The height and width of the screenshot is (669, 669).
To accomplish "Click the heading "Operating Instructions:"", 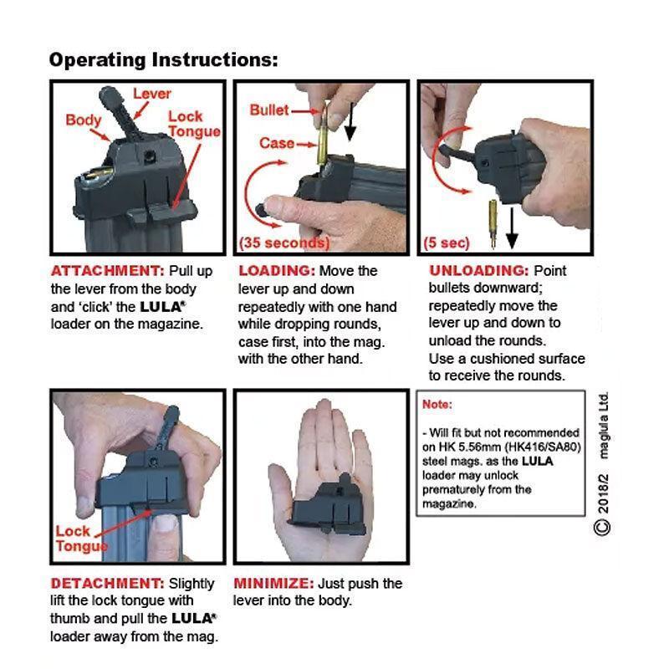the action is point(163,59).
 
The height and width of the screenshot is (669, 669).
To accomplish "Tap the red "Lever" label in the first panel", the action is point(152,94).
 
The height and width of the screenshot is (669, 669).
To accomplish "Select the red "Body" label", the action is point(83,120).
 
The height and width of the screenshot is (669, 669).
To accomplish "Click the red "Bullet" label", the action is point(269,110).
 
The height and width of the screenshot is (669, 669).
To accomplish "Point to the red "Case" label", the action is point(277,143).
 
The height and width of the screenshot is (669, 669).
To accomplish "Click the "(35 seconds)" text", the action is point(284,243).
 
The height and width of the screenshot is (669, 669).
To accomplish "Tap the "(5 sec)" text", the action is point(447,243).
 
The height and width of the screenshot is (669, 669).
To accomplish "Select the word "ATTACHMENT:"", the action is point(108,271).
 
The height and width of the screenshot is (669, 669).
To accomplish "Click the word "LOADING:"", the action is point(277,271).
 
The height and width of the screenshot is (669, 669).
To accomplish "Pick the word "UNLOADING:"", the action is point(478,270).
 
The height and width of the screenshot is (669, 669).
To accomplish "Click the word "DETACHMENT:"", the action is point(107,583).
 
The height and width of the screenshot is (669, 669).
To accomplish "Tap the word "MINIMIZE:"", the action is point(273,583).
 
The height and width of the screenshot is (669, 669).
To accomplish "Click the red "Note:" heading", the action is point(437,404).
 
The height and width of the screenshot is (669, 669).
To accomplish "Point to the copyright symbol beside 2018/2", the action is point(601,528).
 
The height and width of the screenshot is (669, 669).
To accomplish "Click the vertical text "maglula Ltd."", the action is point(602,426).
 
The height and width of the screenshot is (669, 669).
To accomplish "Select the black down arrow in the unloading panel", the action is point(512,227).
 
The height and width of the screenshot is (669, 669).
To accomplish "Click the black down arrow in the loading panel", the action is point(350,121).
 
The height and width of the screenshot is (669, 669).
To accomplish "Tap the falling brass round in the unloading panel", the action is point(493,224).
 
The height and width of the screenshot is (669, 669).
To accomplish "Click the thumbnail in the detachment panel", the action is point(166,523).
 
